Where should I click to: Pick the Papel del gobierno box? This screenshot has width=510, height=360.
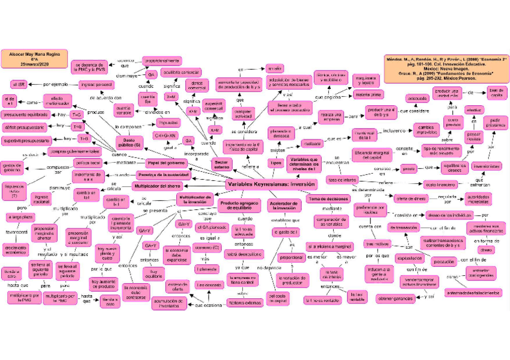[168, 162]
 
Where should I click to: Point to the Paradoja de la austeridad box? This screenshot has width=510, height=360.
[163, 174]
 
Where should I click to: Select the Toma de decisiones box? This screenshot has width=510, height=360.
[328, 198]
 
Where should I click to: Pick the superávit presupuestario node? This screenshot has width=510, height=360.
[25, 140]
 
